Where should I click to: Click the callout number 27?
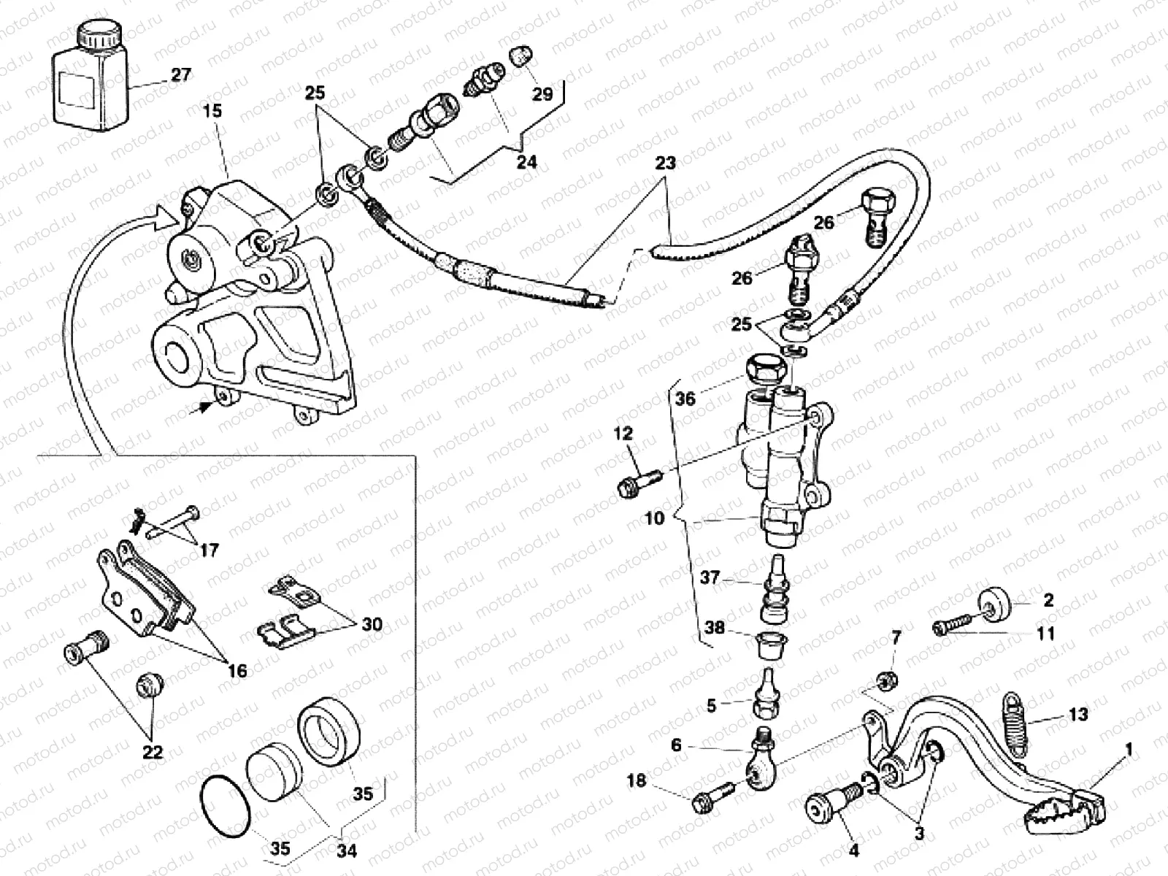tap(180, 75)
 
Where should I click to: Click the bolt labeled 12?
tap(637, 483)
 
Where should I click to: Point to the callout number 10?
tap(655, 518)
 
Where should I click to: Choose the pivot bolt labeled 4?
tap(828, 807)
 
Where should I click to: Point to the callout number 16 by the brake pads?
tap(237, 669)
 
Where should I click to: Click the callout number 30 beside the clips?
tap(372, 624)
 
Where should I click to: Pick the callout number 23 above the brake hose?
tap(665, 164)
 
